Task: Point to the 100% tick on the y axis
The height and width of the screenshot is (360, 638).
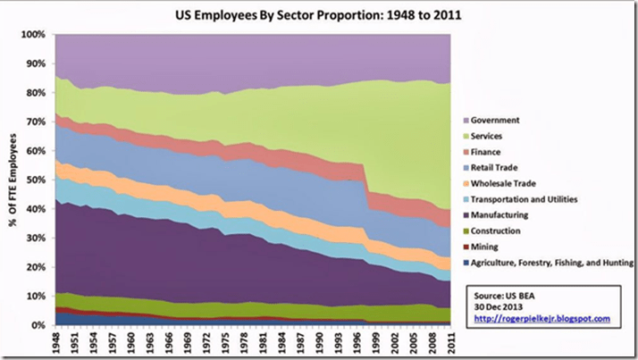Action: [x=32, y=35]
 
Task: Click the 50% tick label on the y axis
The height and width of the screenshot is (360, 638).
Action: [x=34, y=180]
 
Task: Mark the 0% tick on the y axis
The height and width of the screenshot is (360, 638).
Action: [x=37, y=325]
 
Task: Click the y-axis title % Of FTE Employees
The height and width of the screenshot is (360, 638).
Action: [x=13, y=180]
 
